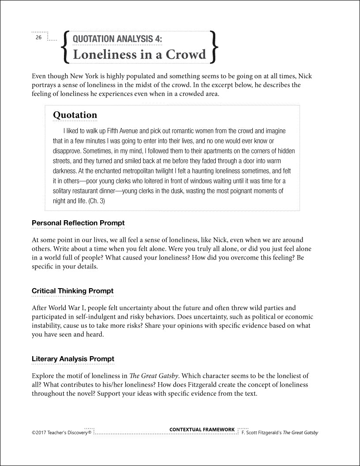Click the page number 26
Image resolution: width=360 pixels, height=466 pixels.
click(x=38, y=38)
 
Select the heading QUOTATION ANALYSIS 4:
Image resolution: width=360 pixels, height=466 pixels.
click(x=117, y=39)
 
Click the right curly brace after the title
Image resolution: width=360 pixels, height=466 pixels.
click(x=214, y=46)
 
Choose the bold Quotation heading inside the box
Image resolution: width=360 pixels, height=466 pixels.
click(x=75, y=115)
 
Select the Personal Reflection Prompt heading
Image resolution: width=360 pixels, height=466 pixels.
click(x=78, y=223)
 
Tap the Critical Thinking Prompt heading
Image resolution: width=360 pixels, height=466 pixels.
click(x=72, y=291)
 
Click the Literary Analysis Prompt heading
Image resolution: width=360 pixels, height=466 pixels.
click(x=73, y=359)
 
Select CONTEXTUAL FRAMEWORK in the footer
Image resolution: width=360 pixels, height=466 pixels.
click(x=202, y=429)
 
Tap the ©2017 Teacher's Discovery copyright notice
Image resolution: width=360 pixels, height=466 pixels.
click(x=61, y=433)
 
